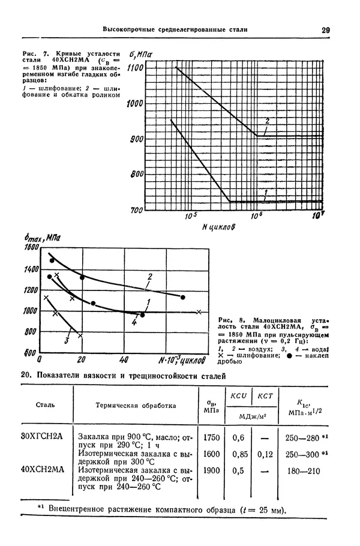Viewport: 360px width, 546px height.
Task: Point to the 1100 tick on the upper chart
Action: (x=135, y=68)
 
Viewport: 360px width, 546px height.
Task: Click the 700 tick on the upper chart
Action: (x=137, y=210)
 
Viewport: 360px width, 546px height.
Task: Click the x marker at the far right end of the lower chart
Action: (x=199, y=311)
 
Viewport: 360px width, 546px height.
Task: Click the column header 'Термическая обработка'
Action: (x=136, y=405)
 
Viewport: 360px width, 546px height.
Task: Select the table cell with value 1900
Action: (x=211, y=471)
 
